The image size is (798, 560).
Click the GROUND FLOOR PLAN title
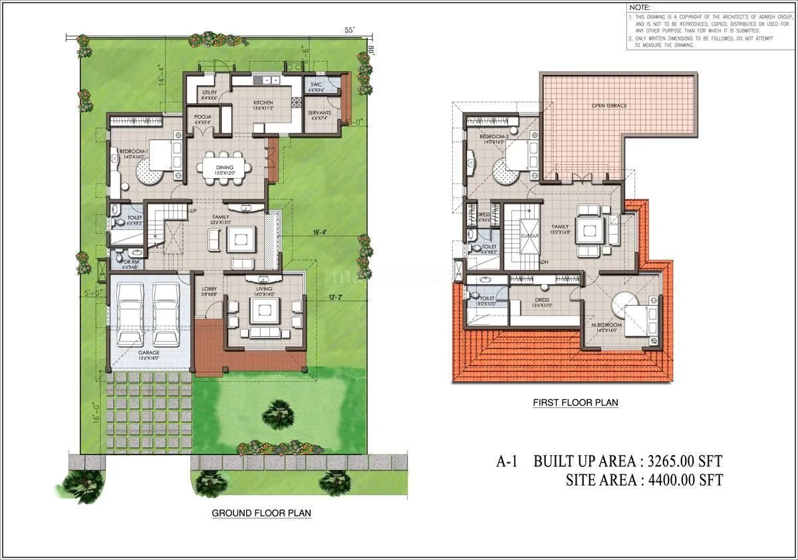[261, 513]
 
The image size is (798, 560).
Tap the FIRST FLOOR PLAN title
[575, 403]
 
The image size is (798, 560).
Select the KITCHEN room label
[263, 103]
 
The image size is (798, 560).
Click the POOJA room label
[203, 116]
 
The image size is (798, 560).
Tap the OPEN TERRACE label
[609, 106]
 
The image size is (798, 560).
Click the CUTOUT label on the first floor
[529, 235]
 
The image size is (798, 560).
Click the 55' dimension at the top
[349, 31]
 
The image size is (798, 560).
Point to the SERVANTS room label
[319, 113]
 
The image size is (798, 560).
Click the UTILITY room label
[209, 92]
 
